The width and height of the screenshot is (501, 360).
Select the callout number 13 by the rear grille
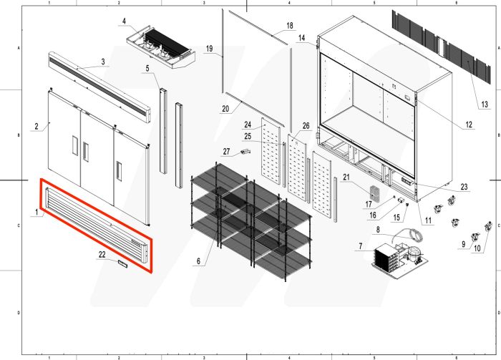pyautogui.click(x=484, y=104)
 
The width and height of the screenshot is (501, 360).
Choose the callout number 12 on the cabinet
pyautogui.click(x=469, y=125)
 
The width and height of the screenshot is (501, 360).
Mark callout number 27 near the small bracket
pyautogui.click(x=225, y=151)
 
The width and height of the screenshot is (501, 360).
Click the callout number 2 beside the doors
pyautogui.click(x=36, y=127)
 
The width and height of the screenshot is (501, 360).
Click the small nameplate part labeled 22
pyautogui.click(x=122, y=264)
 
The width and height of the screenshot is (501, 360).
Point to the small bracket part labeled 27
pyautogui.click(x=247, y=152)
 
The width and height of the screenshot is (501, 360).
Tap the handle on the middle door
pyautogui.click(x=87, y=151)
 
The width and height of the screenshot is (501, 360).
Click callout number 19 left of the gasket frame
pyautogui.click(x=209, y=49)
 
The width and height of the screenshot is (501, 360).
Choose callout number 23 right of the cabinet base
pyautogui.click(x=464, y=188)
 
